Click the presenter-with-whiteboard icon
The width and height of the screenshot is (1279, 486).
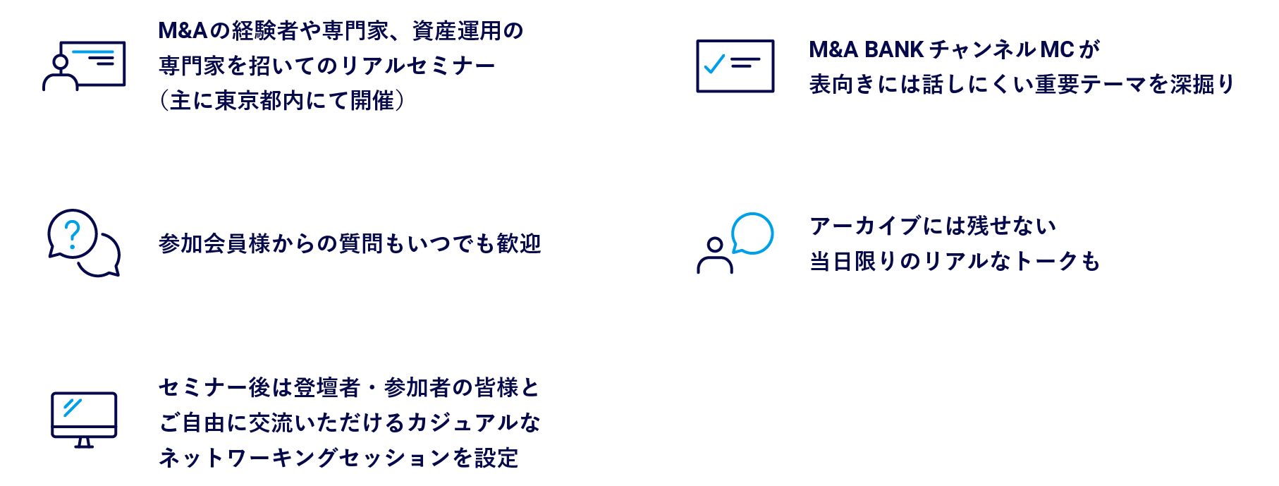tap(84, 66)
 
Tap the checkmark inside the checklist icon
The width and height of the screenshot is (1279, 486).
tap(714, 65)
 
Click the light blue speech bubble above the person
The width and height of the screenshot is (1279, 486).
tap(753, 233)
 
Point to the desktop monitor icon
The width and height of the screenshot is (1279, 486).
tap(84, 419)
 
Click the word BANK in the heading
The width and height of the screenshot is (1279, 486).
tap(893, 49)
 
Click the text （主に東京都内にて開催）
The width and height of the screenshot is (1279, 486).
tap(282, 101)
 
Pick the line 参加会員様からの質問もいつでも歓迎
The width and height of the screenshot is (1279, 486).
tap(350, 243)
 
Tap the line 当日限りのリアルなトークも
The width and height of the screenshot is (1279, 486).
tap(955, 261)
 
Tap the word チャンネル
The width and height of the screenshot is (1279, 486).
tap(983, 49)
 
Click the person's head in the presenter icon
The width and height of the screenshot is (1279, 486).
tap(61, 62)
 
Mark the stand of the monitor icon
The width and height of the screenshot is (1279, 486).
tap(84, 442)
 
